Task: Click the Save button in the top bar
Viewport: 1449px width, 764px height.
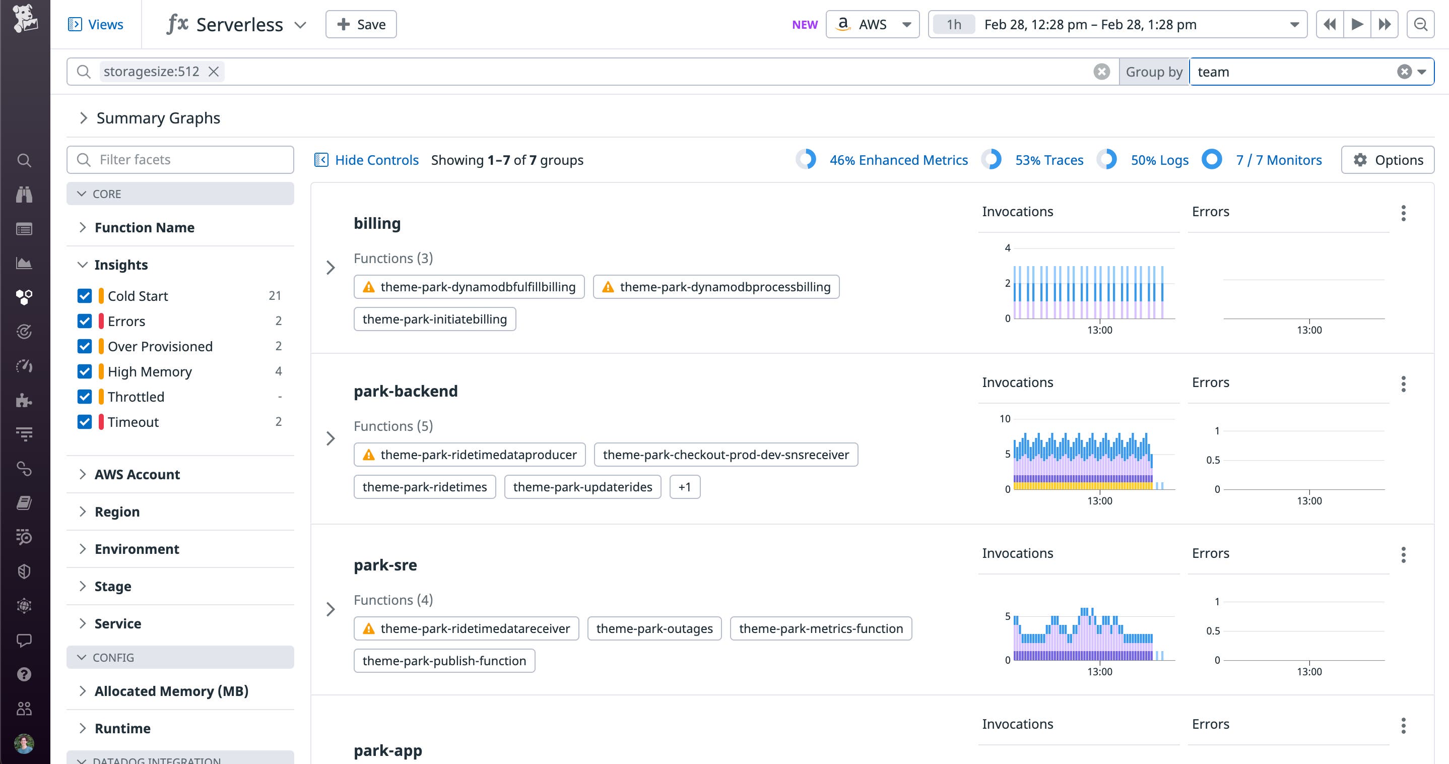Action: pyautogui.click(x=361, y=25)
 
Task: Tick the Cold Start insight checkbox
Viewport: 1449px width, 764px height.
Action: pyautogui.click(x=84, y=296)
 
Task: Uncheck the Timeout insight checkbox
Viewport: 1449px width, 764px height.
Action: pyautogui.click(x=84, y=422)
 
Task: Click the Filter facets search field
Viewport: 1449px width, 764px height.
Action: pyautogui.click(x=180, y=160)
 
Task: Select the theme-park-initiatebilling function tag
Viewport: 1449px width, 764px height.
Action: pyautogui.click(x=434, y=319)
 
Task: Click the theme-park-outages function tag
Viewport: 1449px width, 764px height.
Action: pyautogui.click(x=654, y=628)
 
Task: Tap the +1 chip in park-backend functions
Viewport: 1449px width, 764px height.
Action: pyautogui.click(x=685, y=487)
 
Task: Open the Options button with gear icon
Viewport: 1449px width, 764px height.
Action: pyautogui.click(x=1387, y=160)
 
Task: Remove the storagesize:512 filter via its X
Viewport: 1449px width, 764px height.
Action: pyautogui.click(x=214, y=72)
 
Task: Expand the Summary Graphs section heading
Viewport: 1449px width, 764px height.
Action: pyautogui.click(x=158, y=118)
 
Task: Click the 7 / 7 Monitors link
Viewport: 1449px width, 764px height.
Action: pyautogui.click(x=1279, y=160)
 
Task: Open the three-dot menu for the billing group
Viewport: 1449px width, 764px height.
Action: pyautogui.click(x=1404, y=213)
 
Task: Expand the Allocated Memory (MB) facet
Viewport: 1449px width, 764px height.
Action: pyautogui.click(x=171, y=691)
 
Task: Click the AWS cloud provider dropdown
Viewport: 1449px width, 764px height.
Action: pyautogui.click(x=873, y=25)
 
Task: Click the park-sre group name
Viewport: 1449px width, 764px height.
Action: pyautogui.click(x=385, y=565)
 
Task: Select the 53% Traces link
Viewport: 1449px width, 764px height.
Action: pyautogui.click(x=1048, y=160)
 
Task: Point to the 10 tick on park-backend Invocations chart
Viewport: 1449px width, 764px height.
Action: pyautogui.click(x=1005, y=419)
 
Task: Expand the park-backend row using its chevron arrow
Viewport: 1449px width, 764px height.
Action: pyautogui.click(x=331, y=438)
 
